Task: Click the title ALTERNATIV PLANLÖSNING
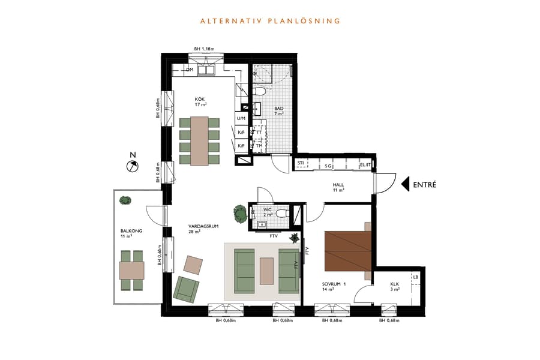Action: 270,21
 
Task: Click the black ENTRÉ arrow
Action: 405,184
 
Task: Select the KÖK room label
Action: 200,101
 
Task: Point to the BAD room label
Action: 278,111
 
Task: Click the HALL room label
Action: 338,187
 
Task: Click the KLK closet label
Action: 394,286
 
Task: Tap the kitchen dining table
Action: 199,141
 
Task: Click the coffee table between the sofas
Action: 266,271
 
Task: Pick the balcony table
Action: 131,271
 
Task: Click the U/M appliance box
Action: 241,119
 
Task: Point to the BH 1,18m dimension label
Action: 205,49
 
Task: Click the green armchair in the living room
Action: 186,288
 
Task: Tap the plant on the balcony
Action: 124,200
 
